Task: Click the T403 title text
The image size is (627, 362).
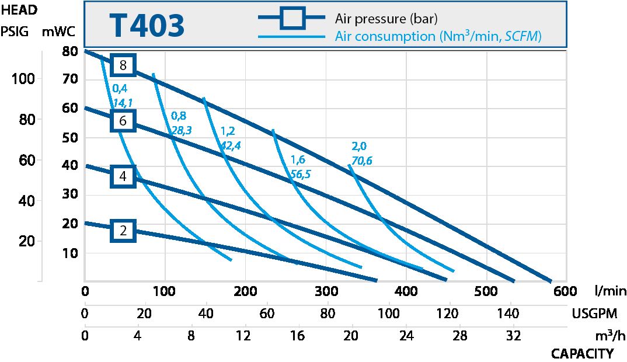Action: coord(147,26)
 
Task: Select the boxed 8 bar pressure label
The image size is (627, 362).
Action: coord(123,65)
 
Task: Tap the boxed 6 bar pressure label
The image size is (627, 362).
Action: coord(123,121)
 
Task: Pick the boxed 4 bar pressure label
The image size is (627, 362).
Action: coord(123,176)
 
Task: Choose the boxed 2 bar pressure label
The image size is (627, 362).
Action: coord(123,231)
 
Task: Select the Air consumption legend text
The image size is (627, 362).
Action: coord(438,36)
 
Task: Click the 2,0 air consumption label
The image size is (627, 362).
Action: coord(359,146)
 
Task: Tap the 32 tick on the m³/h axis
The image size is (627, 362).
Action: coord(514,336)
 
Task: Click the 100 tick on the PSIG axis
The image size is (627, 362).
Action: coord(23,79)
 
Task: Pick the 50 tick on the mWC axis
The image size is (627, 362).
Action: coord(70,138)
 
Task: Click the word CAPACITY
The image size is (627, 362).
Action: coord(582,354)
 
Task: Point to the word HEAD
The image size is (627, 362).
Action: coord(19,10)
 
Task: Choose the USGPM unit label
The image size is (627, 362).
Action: coord(594,314)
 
